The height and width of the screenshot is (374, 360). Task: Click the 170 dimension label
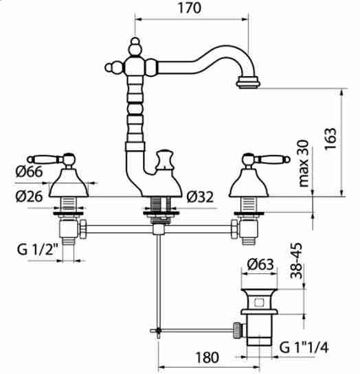(x=190, y=8)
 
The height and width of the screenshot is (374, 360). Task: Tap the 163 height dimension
(x=330, y=139)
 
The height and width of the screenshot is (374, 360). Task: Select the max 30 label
(x=304, y=163)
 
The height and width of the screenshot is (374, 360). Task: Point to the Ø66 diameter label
(x=29, y=171)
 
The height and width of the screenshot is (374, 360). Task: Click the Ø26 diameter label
(x=29, y=196)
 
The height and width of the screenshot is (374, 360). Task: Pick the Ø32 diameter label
(x=200, y=197)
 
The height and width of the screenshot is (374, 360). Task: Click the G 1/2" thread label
(x=38, y=250)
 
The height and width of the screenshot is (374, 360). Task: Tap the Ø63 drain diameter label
(x=260, y=264)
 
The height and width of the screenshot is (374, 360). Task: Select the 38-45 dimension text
(x=296, y=261)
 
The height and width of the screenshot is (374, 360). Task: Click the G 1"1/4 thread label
(x=304, y=347)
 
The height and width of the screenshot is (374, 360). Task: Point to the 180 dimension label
(x=207, y=358)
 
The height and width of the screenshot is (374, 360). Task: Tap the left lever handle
(x=51, y=159)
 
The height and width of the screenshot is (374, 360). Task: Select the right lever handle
(x=266, y=159)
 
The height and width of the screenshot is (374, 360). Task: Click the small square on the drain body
(x=259, y=303)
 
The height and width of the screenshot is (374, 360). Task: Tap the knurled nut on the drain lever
(x=237, y=330)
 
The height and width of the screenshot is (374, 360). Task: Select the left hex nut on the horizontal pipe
(x=83, y=229)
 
